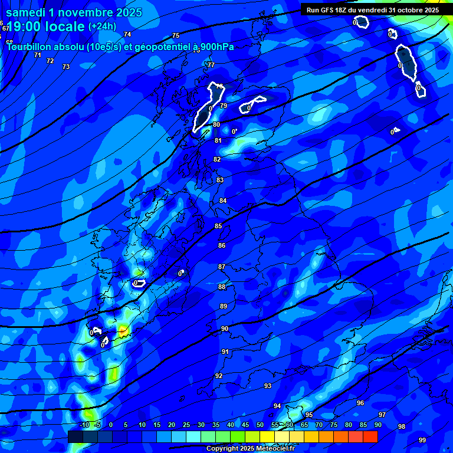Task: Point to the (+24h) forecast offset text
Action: (x=102, y=26)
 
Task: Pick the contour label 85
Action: (x=218, y=226)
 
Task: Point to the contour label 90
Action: (x=225, y=329)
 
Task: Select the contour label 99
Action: (x=422, y=440)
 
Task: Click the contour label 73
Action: (x=66, y=67)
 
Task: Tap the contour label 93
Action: (x=268, y=386)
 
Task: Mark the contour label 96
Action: (x=360, y=403)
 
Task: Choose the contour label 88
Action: (x=222, y=287)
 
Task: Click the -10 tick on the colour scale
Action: (x=84, y=425)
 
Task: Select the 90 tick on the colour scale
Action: (x=377, y=425)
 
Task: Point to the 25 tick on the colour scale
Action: (x=186, y=425)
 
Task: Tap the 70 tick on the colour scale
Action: (x=319, y=425)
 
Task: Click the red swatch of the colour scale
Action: (x=370, y=436)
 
